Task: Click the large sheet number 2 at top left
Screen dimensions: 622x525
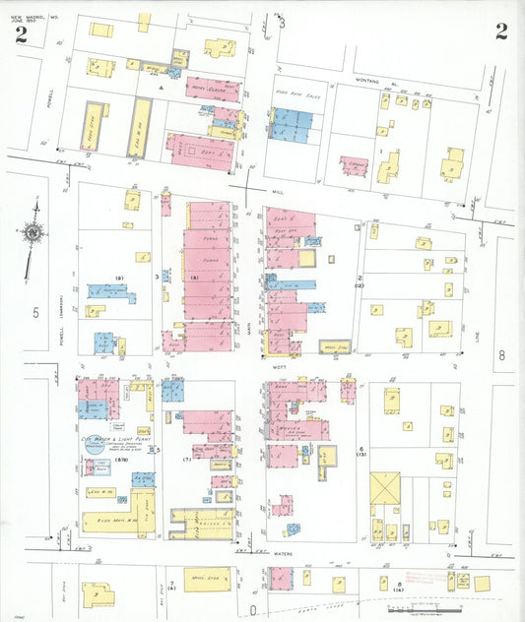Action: (20, 35)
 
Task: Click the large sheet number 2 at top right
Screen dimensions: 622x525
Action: (501, 31)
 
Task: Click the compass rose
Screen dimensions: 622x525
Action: (33, 234)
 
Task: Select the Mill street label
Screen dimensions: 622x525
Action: (277, 193)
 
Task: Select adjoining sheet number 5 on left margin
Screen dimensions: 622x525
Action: (35, 313)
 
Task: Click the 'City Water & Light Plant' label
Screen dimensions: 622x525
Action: (106, 444)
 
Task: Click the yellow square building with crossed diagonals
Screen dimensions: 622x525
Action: (385, 490)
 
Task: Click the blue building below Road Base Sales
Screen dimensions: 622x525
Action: (292, 124)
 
